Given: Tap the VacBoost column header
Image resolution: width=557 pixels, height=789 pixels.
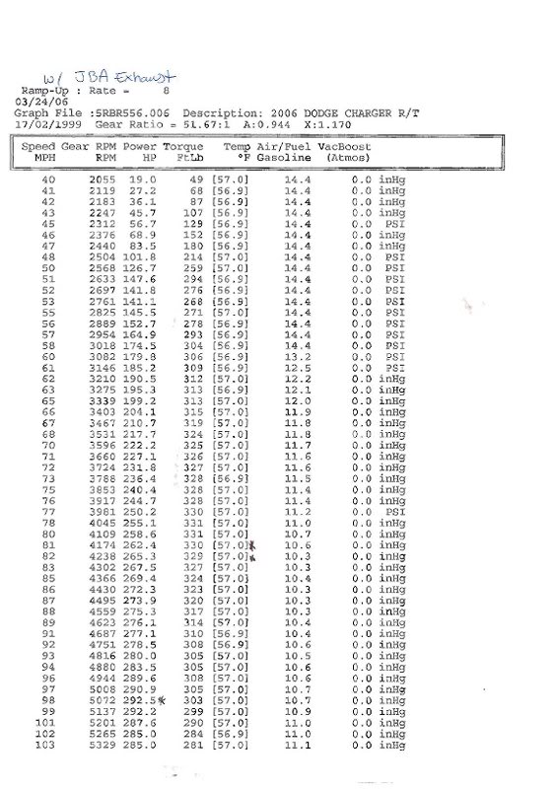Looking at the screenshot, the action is (x=344, y=146).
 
